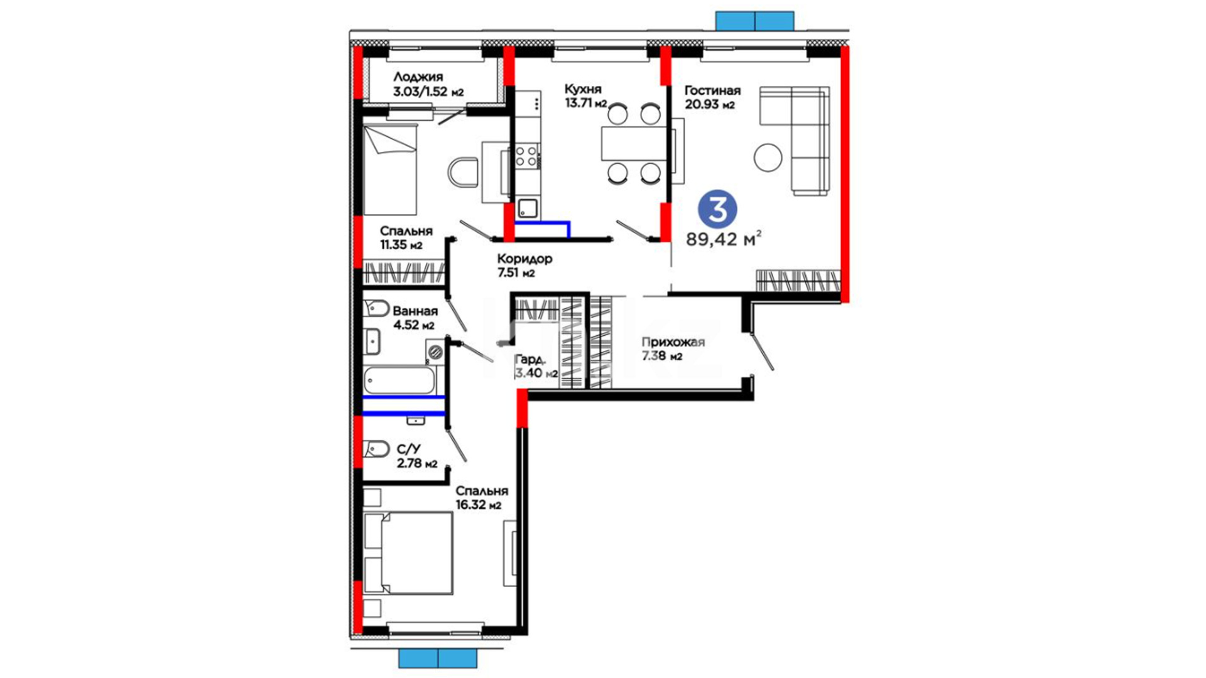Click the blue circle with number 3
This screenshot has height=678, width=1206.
[x=717, y=209]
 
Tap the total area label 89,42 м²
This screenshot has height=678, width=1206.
[x=724, y=239]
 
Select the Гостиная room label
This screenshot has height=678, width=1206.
[x=712, y=90]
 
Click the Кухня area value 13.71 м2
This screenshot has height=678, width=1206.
[x=585, y=104]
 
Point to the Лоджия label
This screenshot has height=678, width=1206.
[x=418, y=77]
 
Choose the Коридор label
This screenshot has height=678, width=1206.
[x=524, y=259]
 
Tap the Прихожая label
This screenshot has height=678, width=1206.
[x=673, y=342]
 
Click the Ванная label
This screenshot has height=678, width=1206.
[x=415, y=311]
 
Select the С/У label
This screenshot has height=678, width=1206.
[x=409, y=449]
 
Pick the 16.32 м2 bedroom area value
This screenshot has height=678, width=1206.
[x=479, y=505]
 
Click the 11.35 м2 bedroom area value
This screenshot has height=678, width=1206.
[x=401, y=245]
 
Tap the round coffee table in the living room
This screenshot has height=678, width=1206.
[x=768, y=158]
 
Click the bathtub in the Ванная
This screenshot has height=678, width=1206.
[x=399, y=380]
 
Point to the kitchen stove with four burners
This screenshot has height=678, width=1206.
[x=526, y=156]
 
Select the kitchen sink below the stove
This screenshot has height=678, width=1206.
[x=528, y=208]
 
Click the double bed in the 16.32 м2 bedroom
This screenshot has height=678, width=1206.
[x=408, y=552]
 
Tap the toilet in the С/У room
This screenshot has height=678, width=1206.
[x=376, y=449]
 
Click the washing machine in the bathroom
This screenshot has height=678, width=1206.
[x=435, y=352]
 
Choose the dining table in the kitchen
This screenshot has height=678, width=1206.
[x=634, y=144]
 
